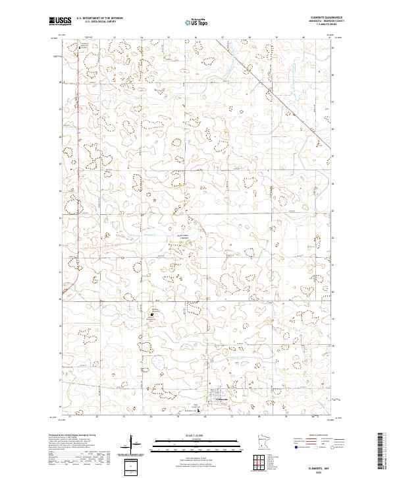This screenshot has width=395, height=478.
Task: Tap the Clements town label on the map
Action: [x=222, y=400]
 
